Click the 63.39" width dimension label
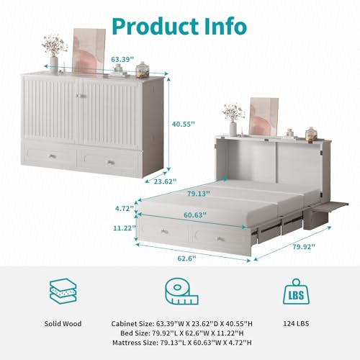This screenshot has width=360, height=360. coord(122,59)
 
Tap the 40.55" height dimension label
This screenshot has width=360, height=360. coord(184,124)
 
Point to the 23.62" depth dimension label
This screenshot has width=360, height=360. coord(165,181)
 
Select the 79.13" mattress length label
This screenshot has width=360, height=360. coord(199,194)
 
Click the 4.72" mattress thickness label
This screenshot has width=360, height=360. coord(125,208)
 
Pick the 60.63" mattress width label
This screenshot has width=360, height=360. coord(195,215)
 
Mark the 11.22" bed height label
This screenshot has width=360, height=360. coord(124,228)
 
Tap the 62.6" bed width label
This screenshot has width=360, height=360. coord(186,258)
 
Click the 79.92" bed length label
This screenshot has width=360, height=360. coord(304,246)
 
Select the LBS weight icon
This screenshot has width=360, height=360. coord(296,292)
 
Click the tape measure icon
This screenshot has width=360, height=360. coord(181,292)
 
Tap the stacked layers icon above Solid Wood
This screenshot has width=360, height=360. coord(63,292)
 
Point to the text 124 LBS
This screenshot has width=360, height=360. coord(296,323)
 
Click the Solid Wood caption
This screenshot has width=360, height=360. coord(63,324)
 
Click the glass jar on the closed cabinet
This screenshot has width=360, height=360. coord(143,70)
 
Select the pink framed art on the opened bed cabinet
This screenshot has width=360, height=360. coord(264,117)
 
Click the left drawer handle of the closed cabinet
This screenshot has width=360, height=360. coord(52,156)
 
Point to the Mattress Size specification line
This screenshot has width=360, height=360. coord(182,343)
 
